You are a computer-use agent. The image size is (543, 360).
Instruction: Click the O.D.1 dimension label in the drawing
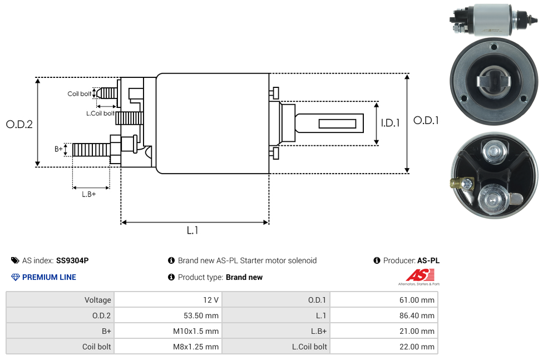[426, 120]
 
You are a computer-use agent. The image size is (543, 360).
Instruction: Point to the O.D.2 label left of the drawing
[19, 125]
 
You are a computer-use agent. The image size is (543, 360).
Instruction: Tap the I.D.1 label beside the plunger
[390, 124]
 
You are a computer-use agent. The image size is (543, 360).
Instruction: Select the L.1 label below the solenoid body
[192, 230]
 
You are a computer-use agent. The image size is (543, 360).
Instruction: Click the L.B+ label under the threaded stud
[89, 194]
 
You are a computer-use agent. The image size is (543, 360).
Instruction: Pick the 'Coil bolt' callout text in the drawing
[80, 94]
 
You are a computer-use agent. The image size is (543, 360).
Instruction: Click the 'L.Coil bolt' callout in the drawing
[100, 114]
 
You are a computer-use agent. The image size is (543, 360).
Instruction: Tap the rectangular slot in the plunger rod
[337, 122]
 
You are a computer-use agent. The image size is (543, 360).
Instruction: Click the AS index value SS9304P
[72, 260]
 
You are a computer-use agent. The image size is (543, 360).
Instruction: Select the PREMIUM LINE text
[49, 277]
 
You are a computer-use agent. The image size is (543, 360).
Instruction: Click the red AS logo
[419, 275]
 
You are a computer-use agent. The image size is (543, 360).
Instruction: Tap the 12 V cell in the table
[211, 300]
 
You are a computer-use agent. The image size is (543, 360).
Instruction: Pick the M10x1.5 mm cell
[198, 331]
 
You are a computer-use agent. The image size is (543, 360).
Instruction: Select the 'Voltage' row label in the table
[98, 300]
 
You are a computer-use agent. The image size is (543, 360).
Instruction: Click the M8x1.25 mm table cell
[197, 347]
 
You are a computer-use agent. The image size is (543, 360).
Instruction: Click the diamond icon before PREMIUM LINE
[16, 277]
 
